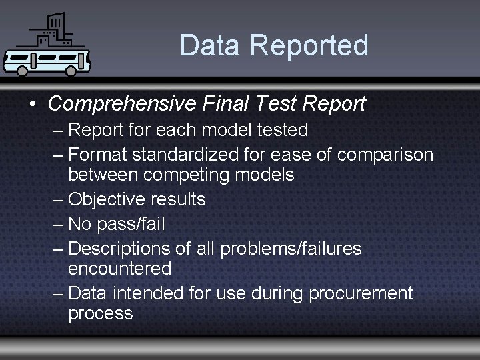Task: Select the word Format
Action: [x=97, y=155]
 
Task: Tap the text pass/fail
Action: [x=131, y=224]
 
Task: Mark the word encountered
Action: [x=119, y=269]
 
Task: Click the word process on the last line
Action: [x=100, y=313]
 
